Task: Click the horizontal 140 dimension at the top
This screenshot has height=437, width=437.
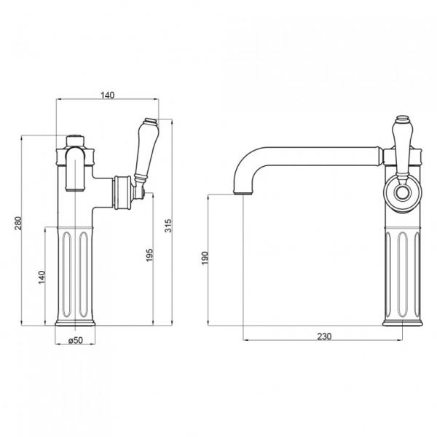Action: click(x=107, y=95)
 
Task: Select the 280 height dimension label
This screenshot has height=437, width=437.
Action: click(x=17, y=224)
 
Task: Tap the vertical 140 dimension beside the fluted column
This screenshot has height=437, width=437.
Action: click(x=42, y=277)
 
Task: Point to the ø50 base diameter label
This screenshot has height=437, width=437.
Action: click(x=76, y=340)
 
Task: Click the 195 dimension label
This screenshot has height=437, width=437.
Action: click(x=149, y=255)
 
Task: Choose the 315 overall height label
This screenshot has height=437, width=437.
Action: click(x=168, y=226)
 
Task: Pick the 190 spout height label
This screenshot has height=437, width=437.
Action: click(x=205, y=258)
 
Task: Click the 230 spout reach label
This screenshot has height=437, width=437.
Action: click(x=324, y=336)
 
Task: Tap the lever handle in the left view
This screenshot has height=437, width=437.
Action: click(x=146, y=151)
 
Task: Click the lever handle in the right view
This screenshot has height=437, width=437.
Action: click(x=401, y=148)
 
